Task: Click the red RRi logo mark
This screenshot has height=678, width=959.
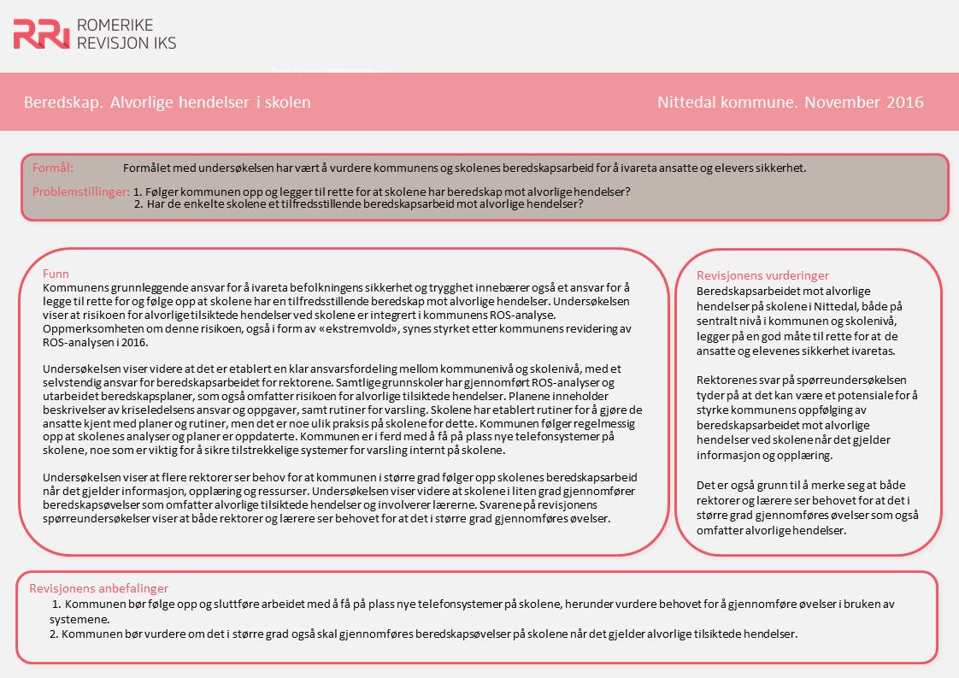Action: [x=41, y=33]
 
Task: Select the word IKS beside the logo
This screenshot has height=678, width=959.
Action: [x=160, y=42]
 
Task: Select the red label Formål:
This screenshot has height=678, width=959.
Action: [x=53, y=168]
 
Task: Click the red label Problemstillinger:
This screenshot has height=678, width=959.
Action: [x=81, y=192]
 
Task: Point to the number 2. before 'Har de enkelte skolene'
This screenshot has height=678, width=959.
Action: [x=139, y=204]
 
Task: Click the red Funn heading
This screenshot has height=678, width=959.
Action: [x=56, y=274]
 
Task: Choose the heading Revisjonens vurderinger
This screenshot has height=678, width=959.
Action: [x=762, y=275]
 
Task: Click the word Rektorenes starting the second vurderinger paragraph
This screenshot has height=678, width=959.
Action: [x=727, y=380]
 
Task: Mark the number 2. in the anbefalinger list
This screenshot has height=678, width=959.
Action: [x=54, y=634]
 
